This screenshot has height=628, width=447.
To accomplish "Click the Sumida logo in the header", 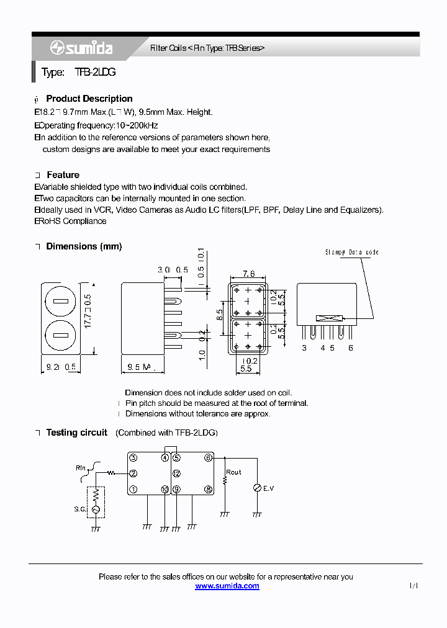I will pos(81,48).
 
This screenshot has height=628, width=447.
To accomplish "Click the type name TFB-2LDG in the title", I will pos(95,73).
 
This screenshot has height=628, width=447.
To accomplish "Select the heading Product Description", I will pos(89,99).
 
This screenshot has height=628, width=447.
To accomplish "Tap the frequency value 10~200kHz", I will pos(137,125).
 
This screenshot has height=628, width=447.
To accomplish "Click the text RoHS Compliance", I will pos(71,222).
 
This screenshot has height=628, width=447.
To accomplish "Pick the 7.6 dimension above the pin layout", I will pos(248,274).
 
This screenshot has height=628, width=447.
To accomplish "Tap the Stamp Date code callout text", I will pos(351,253).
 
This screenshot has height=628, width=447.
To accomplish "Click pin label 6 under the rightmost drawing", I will pos(351,348).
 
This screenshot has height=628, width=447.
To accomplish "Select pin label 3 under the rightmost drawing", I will pos(304,348).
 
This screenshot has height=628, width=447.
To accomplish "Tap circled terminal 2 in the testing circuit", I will pos(133,473).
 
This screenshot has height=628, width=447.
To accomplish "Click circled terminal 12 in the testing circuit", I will pos(177,473).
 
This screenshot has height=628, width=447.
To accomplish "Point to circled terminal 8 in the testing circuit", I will pos(209,490).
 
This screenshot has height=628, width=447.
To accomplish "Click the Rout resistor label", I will pos(233,472).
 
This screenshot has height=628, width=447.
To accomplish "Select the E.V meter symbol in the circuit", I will pos(256,489).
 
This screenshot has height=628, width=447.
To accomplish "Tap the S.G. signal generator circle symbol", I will pos(96,509).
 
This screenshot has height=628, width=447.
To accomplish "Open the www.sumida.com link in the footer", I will pos(227,586).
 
